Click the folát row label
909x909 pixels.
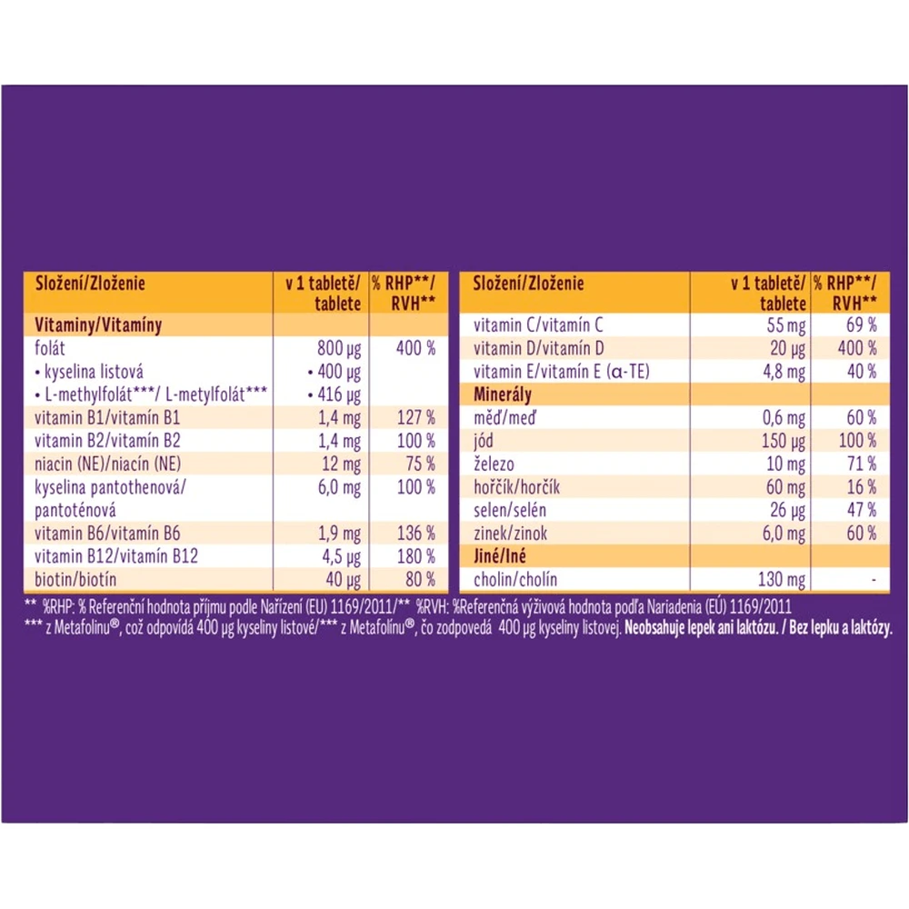(x=50, y=348)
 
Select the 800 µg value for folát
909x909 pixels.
(x=339, y=348)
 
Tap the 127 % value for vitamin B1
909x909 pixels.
(x=416, y=417)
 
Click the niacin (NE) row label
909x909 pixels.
(x=108, y=464)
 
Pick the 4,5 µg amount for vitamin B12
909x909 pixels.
(x=342, y=557)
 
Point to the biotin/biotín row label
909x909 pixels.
(x=75, y=579)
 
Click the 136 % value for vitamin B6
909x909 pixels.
(x=416, y=534)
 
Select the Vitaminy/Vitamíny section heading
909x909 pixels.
(x=98, y=325)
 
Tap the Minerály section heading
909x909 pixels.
(x=502, y=395)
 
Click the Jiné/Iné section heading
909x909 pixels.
(x=500, y=556)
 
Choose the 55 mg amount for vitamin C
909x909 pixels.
(x=786, y=325)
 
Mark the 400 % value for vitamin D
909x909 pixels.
(x=857, y=348)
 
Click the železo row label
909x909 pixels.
(x=494, y=464)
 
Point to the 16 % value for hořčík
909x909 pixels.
(x=862, y=487)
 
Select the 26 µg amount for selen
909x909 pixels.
(x=788, y=511)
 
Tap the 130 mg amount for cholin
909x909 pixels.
(x=782, y=580)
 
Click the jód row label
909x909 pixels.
(x=484, y=441)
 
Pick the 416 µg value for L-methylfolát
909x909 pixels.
(x=335, y=395)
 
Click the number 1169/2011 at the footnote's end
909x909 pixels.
(x=760, y=607)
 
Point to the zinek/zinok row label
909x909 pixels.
(x=510, y=534)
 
